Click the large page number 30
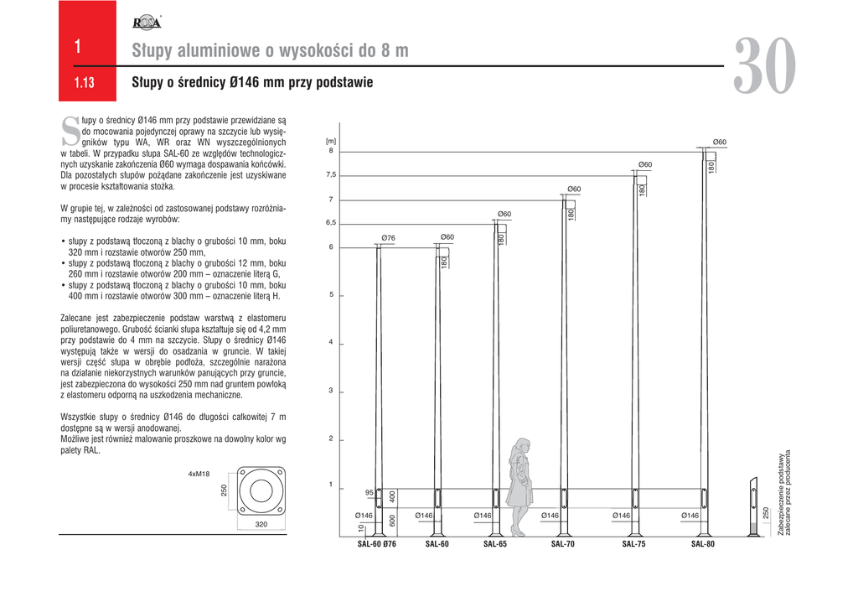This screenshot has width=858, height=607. [765, 68]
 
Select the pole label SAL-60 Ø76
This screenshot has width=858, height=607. [376, 544]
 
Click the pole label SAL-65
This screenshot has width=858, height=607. [495, 544]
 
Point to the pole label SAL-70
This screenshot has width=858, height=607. [562, 544]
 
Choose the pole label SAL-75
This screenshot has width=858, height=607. [633, 544]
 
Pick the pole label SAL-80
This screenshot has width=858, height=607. [703, 544]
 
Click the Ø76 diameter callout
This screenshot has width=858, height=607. [388, 238]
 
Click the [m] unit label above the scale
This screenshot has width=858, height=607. [330, 142]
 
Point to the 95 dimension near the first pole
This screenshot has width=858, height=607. [369, 492]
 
